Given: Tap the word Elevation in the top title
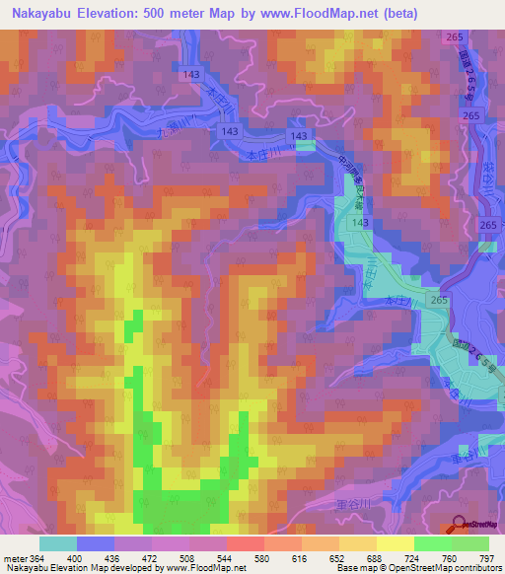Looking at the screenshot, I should click(x=116, y=14).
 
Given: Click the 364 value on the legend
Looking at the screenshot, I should click(x=37, y=559).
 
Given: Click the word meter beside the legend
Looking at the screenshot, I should click(x=13, y=559).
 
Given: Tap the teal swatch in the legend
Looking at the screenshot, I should click(x=58, y=543).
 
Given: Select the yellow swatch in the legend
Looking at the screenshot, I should click(x=396, y=543).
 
